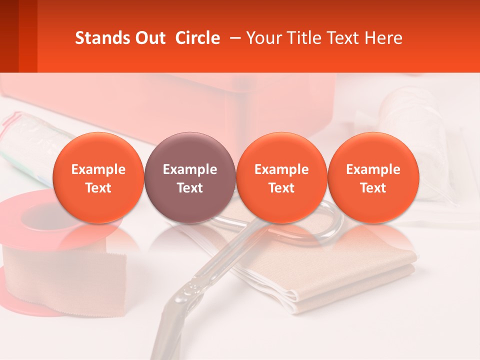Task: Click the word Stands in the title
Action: [99, 38]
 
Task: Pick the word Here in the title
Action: [384, 38]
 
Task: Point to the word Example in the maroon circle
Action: [190, 169]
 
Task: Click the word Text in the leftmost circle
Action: [98, 188]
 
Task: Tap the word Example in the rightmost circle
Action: [373, 169]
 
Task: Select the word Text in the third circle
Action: [281, 188]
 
